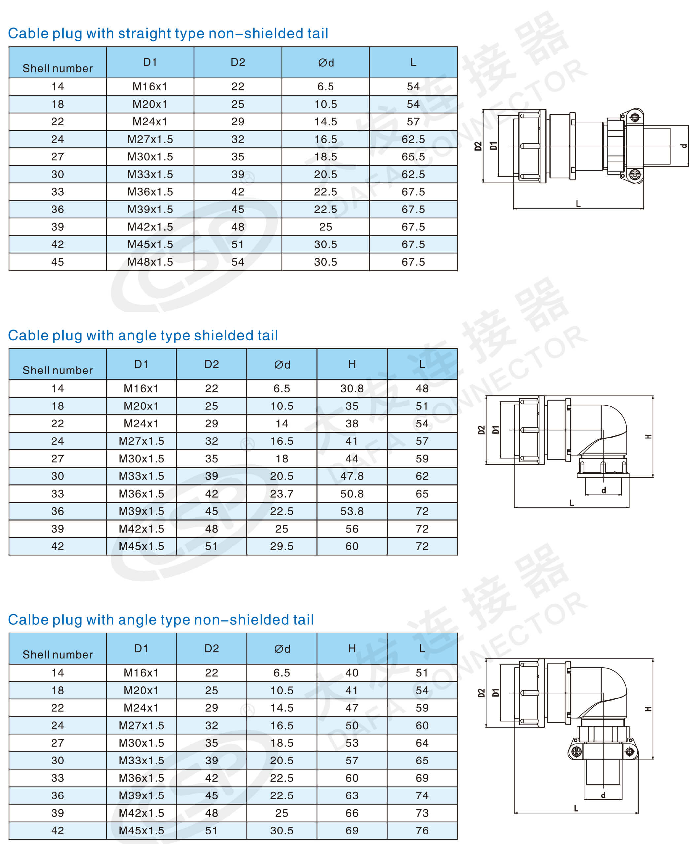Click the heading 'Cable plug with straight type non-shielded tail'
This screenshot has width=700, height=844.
click(168, 33)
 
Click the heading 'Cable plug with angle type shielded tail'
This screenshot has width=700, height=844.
click(143, 335)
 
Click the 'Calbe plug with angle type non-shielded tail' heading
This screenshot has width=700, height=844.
click(160, 619)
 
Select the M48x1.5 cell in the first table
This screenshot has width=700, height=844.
click(150, 262)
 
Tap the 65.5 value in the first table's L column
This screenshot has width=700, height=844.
click(413, 157)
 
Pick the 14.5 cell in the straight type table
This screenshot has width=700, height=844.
click(326, 122)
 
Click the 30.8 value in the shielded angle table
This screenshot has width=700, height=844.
click(352, 389)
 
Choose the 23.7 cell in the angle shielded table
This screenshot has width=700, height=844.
click(282, 494)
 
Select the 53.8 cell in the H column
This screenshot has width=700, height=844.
click(352, 511)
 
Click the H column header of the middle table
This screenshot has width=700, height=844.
click(352, 364)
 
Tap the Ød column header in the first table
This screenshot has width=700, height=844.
click(326, 62)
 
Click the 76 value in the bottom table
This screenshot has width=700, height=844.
click(422, 830)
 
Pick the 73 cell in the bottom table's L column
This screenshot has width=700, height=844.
click(422, 813)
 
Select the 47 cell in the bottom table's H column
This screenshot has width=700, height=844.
click(352, 708)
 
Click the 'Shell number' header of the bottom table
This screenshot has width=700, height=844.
click(57, 654)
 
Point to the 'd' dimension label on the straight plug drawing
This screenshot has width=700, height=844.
click(683, 146)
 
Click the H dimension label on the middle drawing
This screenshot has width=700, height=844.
click(648, 437)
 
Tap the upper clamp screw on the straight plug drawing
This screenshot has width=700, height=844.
click(635, 117)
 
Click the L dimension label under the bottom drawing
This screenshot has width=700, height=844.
click(576, 808)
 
